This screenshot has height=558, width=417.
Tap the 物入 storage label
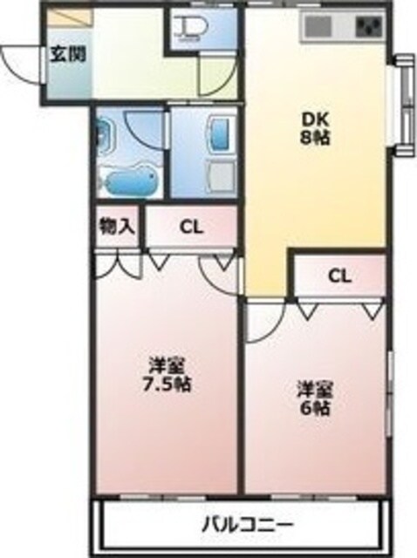coord(117,227)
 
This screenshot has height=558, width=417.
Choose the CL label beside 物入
coord(191,228)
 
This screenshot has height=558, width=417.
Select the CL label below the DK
coord(339,276)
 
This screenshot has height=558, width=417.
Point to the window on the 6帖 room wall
coord(388,392)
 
